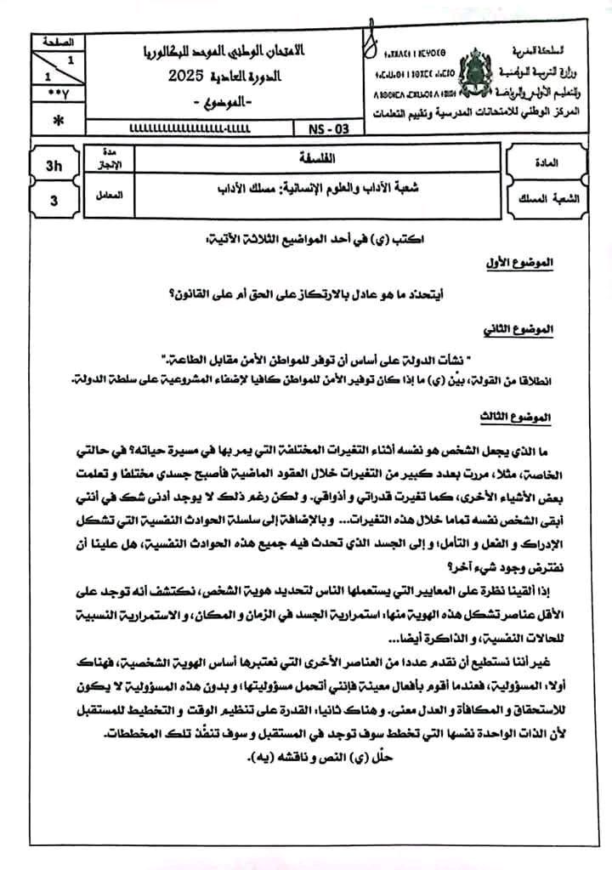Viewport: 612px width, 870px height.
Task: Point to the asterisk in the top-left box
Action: [x=57, y=122]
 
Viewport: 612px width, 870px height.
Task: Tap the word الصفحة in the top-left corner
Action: [x=57, y=41]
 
